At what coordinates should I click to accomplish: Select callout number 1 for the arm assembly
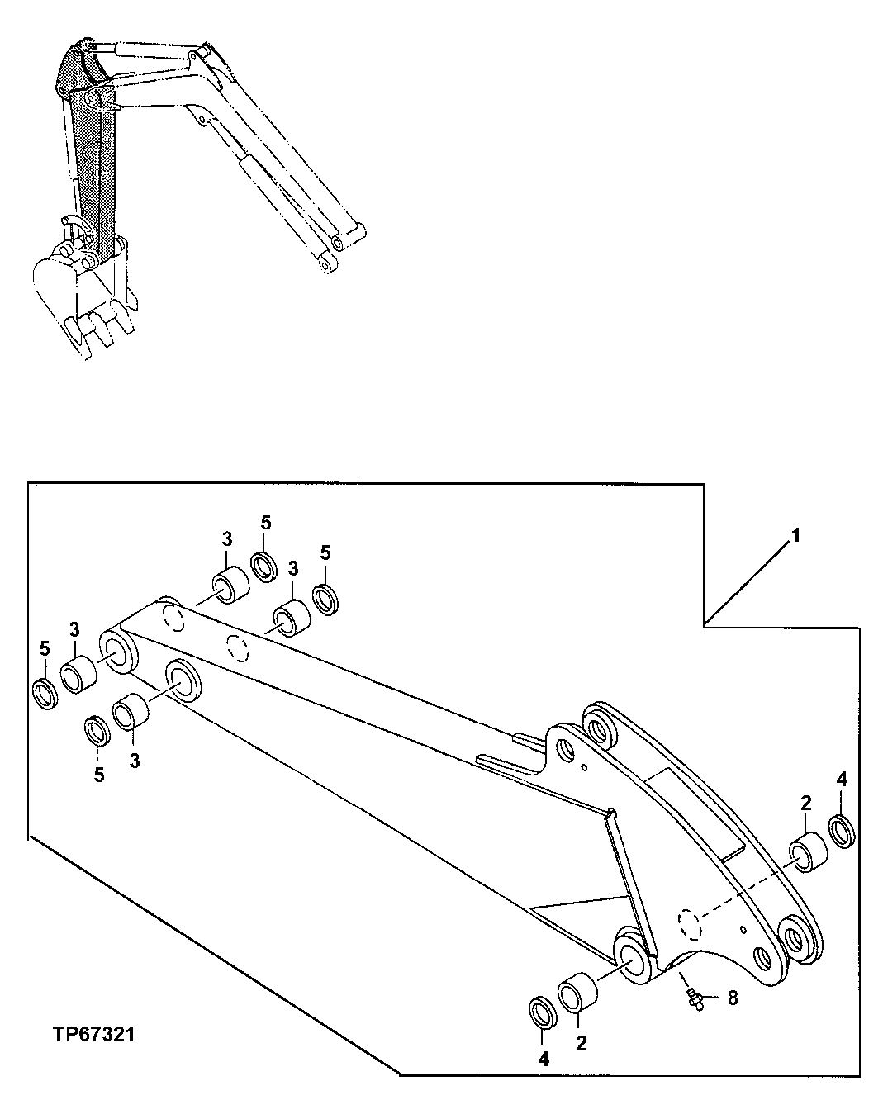tap(795, 536)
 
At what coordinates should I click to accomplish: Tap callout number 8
tap(733, 998)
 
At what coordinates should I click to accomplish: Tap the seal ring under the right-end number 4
tap(842, 830)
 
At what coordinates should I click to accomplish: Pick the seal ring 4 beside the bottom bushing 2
tap(541, 1013)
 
